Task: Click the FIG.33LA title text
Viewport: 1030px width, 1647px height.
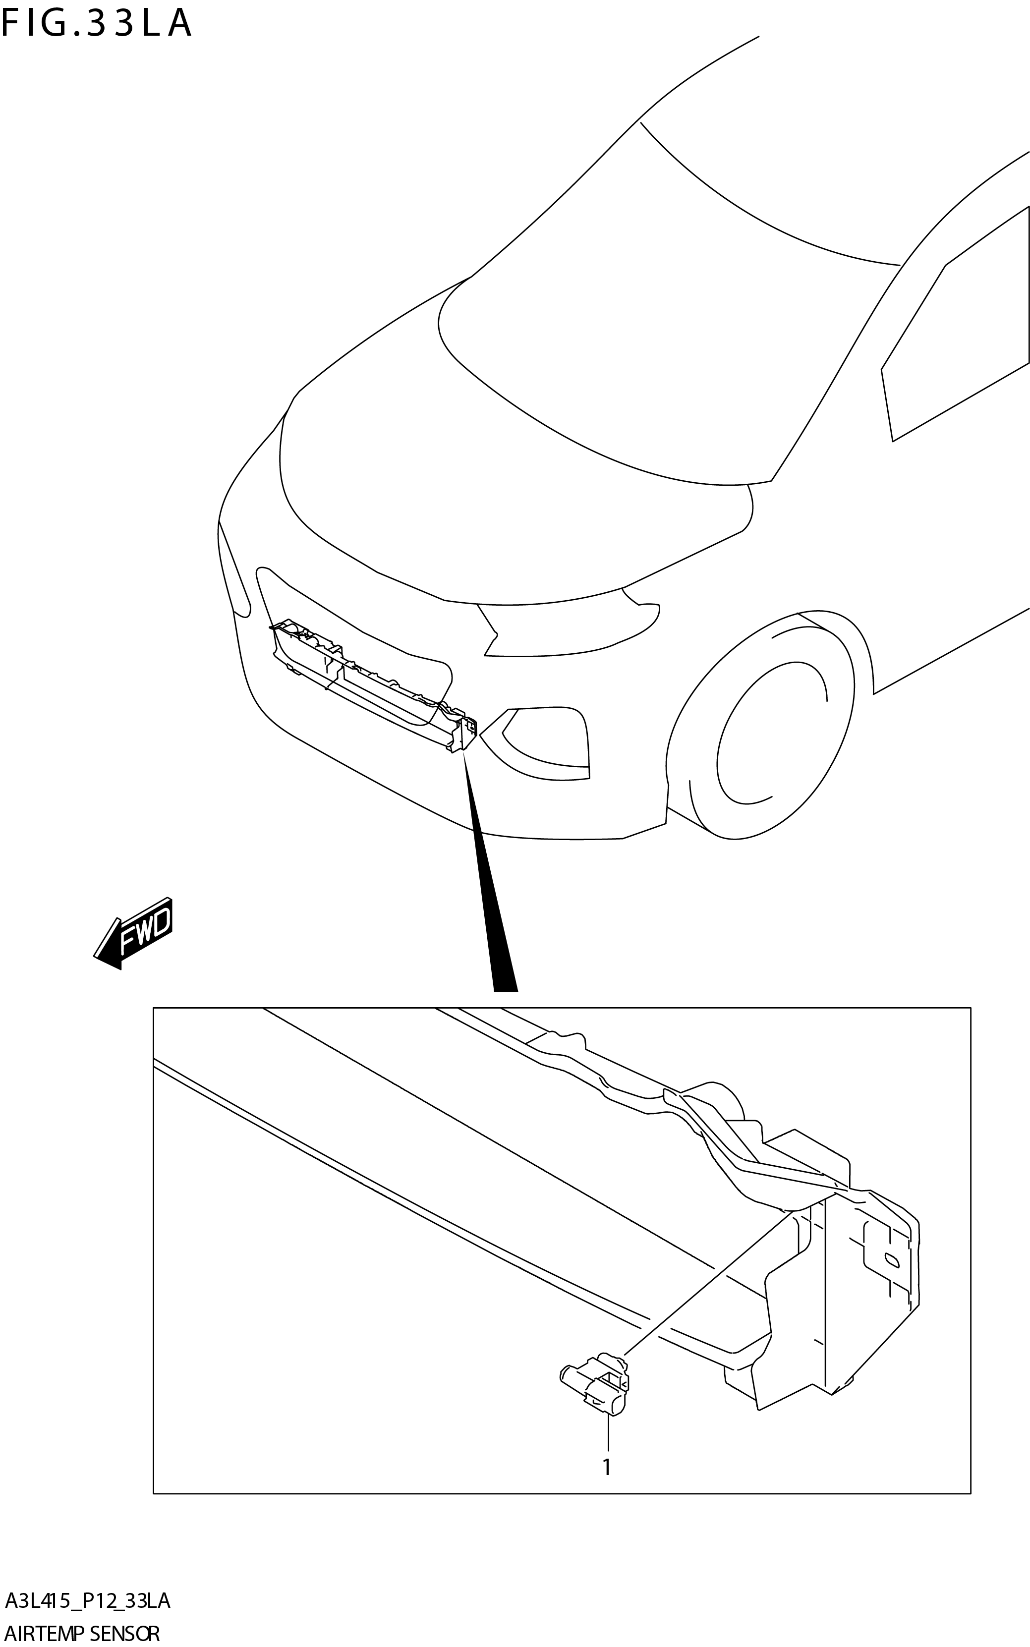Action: (x=97, y=23)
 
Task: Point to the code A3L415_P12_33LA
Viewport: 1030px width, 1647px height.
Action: (x=87, y=1601)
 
